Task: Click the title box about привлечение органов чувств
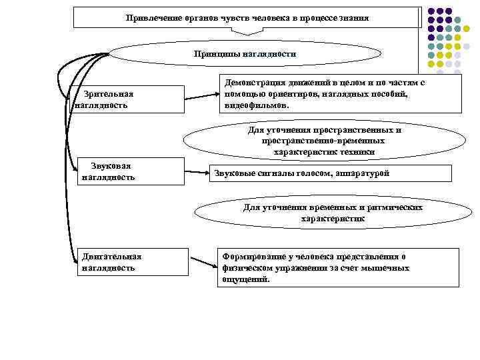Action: tap(247, 17)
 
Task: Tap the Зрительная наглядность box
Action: tap(127, 99)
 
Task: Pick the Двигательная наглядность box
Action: tap(127, 262)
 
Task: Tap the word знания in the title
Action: tap(353, 17)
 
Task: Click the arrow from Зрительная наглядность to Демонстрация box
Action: tap(201, 97)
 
